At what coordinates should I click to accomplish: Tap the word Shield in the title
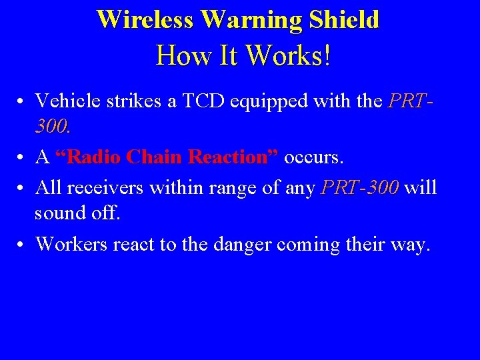click(x=344, y=19)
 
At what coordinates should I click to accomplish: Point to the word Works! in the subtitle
click(x=289, y=56)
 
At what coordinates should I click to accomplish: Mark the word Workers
click(x=71, y=244)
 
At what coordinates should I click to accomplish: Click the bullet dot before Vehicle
click(x=22, y=102)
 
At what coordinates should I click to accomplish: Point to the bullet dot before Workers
click(x=22, y=245)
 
